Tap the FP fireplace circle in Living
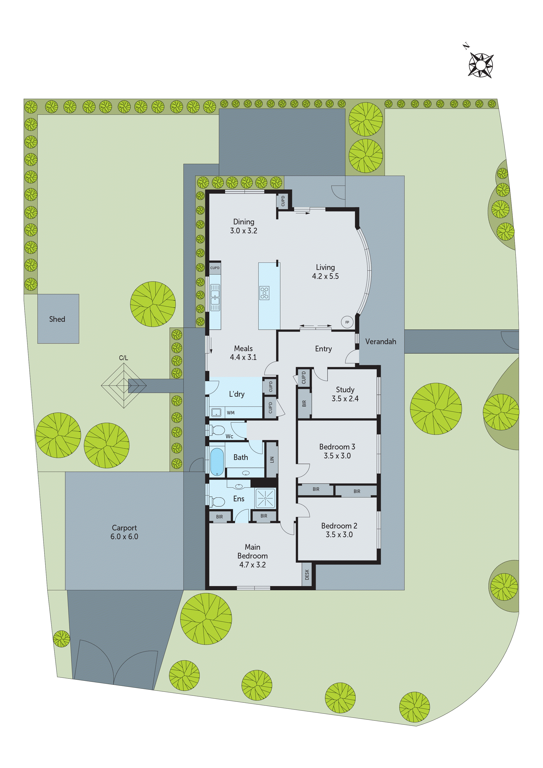tap(347, 322)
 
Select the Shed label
tap(57, 319)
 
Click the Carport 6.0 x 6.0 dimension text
tap(124, 537)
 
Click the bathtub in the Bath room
tap(217, 461)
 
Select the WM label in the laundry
tap(231, 413)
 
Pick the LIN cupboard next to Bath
tap(272, 460)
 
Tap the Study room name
tap(345, 390)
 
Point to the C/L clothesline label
tap(123, 358)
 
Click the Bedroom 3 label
tap(337, 447)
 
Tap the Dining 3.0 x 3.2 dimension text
tap(243, 231)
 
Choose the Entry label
tap(323, 349)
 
